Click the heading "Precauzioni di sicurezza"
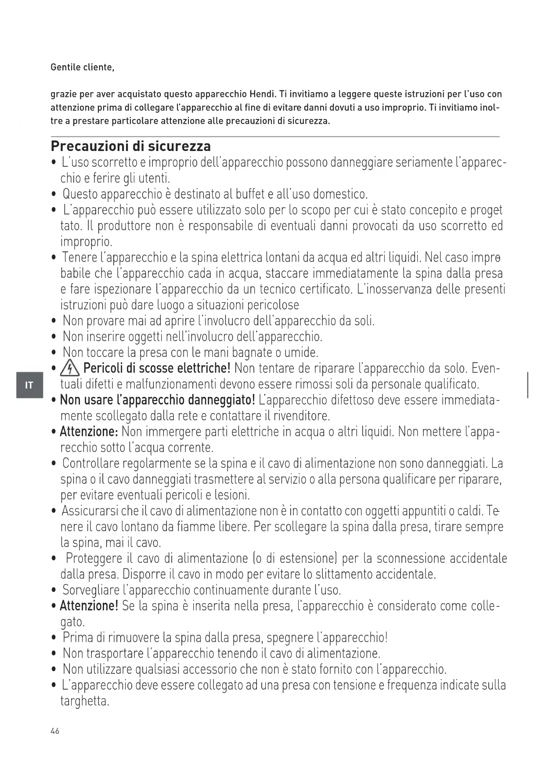(x=131, y=146)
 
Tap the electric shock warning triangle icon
(x=70, y=368)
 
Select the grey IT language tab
(x=29, y=385)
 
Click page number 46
(x=55, y=731)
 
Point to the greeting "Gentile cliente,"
(x=83, y=67)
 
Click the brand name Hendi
(x=262, y=94)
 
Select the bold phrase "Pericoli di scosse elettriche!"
(x=157, y=368)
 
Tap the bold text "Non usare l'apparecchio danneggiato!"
(x=157, y=400)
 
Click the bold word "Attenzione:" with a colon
(x=89, y=432)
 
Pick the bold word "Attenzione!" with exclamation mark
(x=89, y=606)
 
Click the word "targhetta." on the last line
(x=85, y=701)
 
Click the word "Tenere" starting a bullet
(x=79, y=257)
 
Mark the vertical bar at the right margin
(x=527, y=385)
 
